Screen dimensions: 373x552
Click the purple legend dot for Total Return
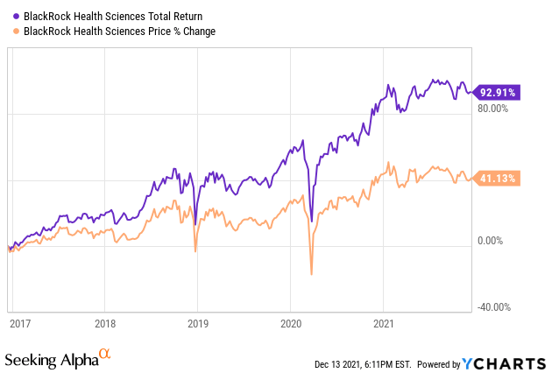9,16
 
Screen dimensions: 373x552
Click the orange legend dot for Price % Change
9,32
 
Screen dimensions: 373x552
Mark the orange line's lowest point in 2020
312,275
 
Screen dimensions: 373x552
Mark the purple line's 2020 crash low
312,220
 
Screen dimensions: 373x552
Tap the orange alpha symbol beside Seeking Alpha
105,354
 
